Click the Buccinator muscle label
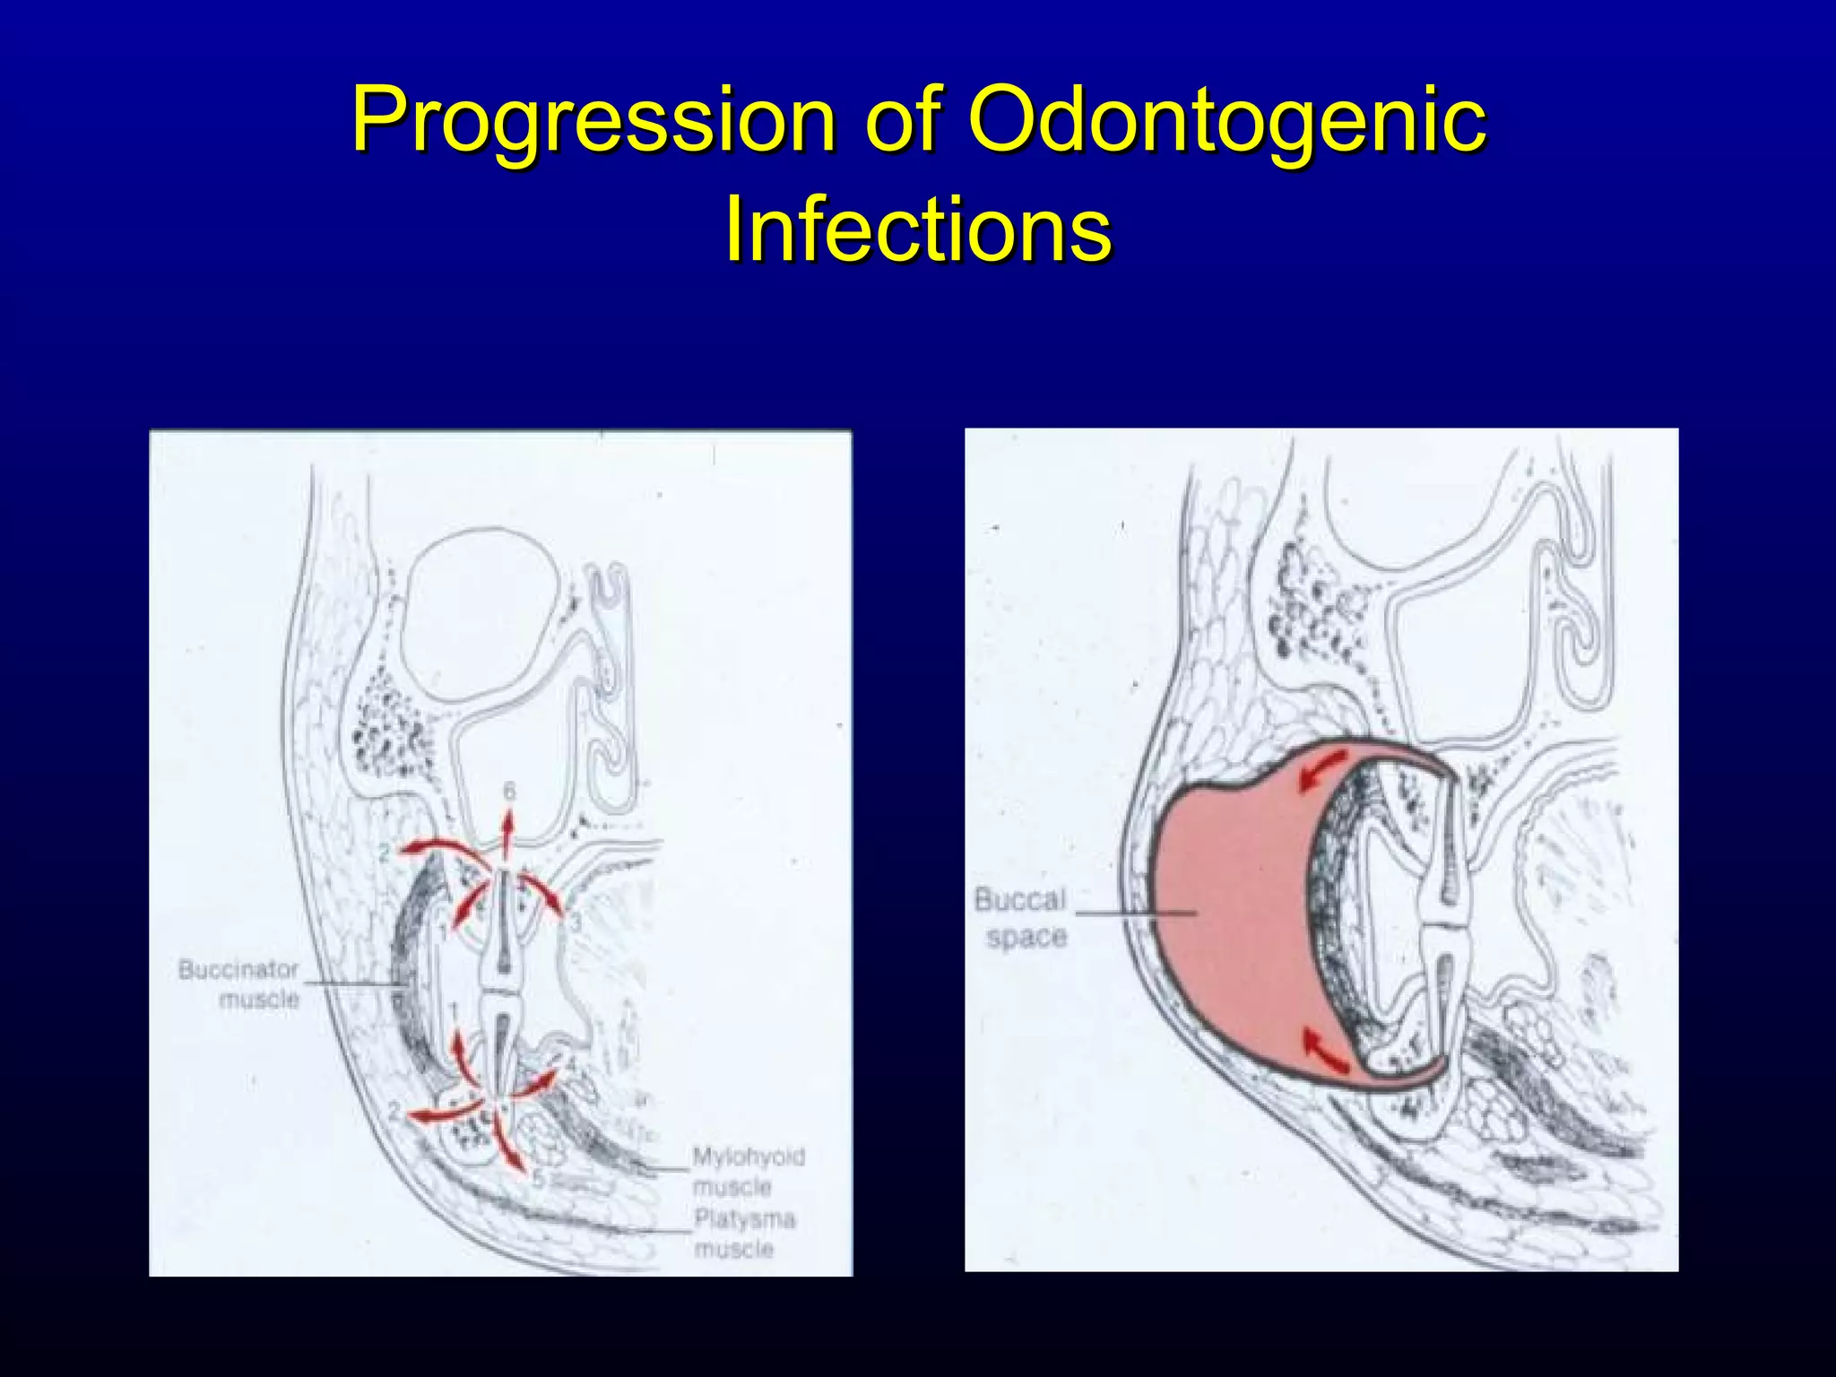click(x=238, y=983)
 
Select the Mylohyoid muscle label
click(x=749, y=1172)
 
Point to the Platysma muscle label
click(x=745, y=1234)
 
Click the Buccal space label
click(x=1021, y=917)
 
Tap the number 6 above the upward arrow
click(x=509, y=791)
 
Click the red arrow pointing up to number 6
click(x=507, y=834)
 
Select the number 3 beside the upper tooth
click(x=576, y=922)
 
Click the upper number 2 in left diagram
click(x=384, y=853)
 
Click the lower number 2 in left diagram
click(x=394, y=1113)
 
